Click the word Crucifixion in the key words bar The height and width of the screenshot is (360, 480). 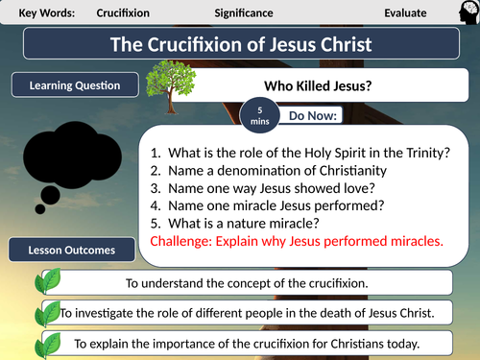coord(128,13)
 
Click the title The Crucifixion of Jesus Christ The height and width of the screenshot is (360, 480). coord(239,45)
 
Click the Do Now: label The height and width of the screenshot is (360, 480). coord(320,116)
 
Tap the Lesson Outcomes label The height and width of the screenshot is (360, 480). coord(71,250)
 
